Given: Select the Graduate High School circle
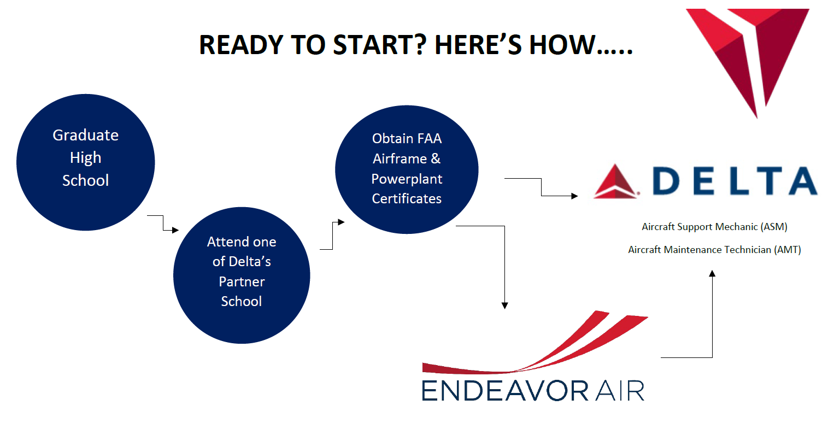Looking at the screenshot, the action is pos(86,162).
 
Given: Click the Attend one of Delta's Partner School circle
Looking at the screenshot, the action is pos(242,275).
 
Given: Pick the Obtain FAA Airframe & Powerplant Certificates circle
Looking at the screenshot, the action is pos(407,169).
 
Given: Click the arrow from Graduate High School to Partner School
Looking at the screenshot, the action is pos(163,222).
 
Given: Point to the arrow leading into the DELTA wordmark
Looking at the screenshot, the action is pos(542,187).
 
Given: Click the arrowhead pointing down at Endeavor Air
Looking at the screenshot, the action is pos(505,305).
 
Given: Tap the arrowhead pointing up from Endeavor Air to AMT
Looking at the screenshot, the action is pos(712,274).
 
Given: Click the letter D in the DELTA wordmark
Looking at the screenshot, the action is pos(666,181).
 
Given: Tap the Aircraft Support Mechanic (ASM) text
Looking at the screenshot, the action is pos(714,227).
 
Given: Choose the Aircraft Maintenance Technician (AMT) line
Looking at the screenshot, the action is pos(714,249).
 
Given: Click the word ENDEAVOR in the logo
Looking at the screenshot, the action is pos(505,391).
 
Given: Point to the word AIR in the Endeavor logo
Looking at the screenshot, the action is pos(620,391).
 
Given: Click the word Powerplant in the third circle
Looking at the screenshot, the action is pos(407,179).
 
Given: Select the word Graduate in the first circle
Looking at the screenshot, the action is pos(86,135).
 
